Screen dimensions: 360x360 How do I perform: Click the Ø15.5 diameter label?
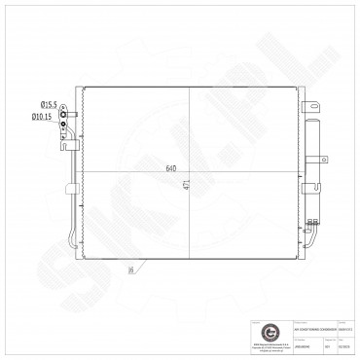[48, 104]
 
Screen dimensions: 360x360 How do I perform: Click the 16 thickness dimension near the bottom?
[128, 271]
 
